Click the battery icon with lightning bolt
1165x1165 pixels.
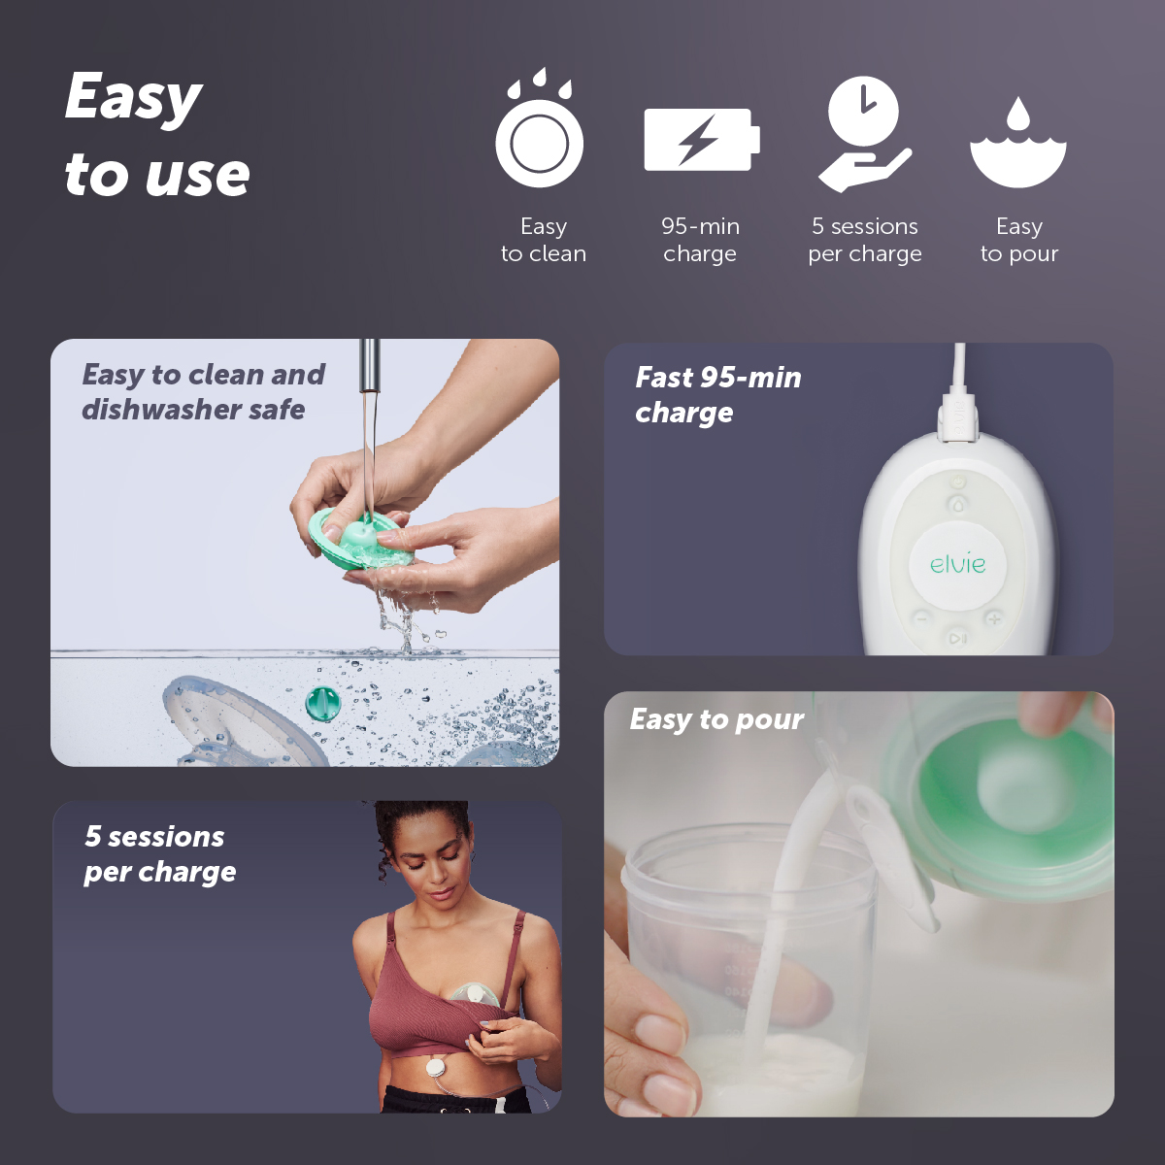coord(701,140)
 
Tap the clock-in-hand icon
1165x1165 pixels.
coord(864,134)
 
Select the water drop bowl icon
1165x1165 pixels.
coord(1017,144)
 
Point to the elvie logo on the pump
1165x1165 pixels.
coord(957,564)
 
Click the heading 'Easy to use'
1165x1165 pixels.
coord(157,136)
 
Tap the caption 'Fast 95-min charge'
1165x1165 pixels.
coord(717,394)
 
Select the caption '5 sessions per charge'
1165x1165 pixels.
coord(159,853)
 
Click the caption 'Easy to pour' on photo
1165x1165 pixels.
coord(716,719)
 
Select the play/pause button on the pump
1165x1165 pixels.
coord(957,638)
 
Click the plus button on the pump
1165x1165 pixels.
coord(993,618)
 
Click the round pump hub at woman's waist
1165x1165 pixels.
coord(435,1067)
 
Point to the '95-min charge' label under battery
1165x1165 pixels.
coord(700,240)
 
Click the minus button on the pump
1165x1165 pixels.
coord(922,617)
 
